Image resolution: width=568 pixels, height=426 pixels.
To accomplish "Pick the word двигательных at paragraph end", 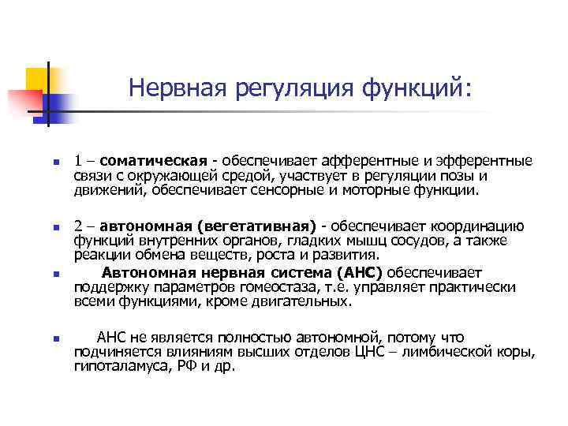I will tap(305, 301).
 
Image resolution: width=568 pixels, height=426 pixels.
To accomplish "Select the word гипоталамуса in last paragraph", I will tap(113, 366).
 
